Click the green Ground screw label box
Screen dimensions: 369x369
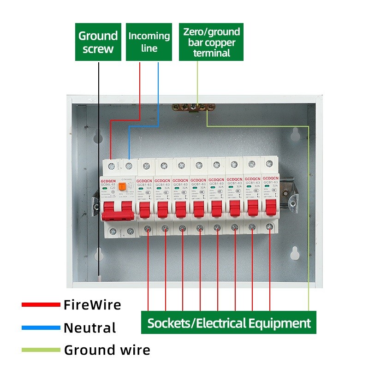pyautogui.click(x=98, y=42)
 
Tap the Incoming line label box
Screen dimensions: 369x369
pyautogui.click(x=149, y=42)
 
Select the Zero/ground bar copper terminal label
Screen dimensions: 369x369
pyautogui.click(x=211, y=42)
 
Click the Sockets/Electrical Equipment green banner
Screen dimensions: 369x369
pyautogui.click(x=229, y=323)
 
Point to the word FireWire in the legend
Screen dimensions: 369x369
pyautogui.click(x=92, y=304)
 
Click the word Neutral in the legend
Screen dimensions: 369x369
pyautogui.click(x=89, y=328)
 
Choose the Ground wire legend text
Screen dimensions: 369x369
pyautogui.click(x=107, y=350)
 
